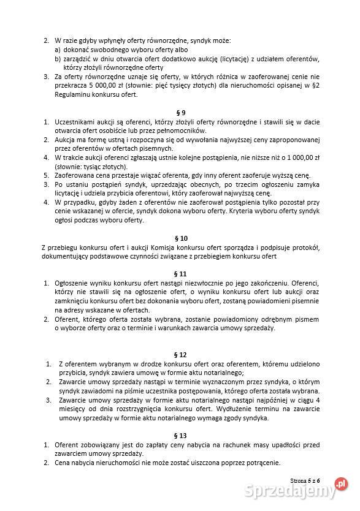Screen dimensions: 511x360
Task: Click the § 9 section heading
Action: (x=180, y=113)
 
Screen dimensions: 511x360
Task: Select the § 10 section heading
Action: (x=180, y=238)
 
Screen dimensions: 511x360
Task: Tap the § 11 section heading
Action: (x=180, y=274)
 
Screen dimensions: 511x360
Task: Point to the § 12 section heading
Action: (x=180, y=354)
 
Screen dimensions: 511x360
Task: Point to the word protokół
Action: (x=303, y=248)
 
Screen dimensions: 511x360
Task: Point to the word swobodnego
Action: (x=108, y=50)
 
